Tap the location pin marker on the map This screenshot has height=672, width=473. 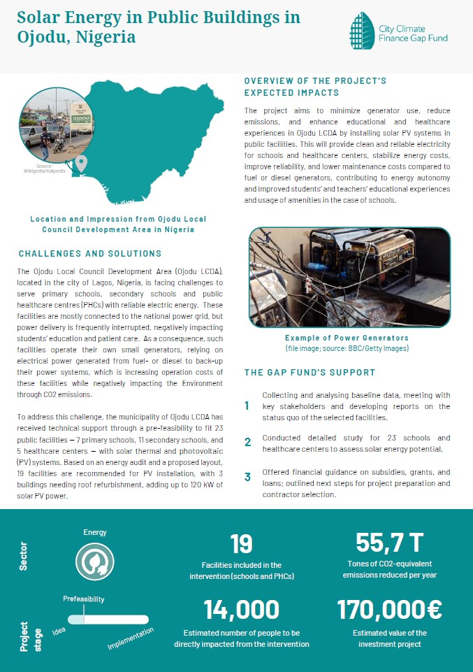tap(81, 165)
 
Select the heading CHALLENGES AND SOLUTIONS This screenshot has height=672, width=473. tap(90, 254)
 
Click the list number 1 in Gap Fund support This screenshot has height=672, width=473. tap(247, 406)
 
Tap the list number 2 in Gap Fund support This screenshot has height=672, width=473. tap(247, 442)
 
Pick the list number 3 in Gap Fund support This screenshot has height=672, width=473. tap(247, 478)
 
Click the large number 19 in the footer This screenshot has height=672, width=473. tap(241, 544)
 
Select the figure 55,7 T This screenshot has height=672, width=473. tap(389, 543)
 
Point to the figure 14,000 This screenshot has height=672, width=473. tap(242, 610)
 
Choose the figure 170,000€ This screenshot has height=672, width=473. tap(389, 610)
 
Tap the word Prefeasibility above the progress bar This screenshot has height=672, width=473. tap(84, 599)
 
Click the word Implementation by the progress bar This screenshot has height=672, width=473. tap(131, 639)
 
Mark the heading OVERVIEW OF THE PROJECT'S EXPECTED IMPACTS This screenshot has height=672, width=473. tap(315, 87)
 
